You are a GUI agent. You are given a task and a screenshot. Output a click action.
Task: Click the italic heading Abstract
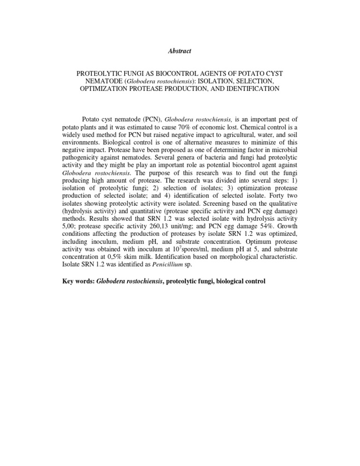180,51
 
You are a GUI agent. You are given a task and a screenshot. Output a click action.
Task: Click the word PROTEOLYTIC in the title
97,75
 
